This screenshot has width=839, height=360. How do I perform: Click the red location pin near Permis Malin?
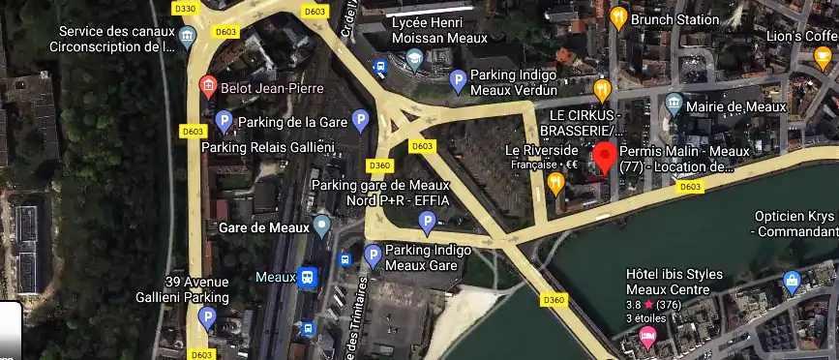(606, 156)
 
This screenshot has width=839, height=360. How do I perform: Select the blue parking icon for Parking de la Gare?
(225, 121)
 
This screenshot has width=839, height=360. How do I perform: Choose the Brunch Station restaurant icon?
(618, 17)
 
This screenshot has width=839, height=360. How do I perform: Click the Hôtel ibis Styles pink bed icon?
(647, 336)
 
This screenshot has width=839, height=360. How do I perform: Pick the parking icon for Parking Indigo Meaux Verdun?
(460, 84)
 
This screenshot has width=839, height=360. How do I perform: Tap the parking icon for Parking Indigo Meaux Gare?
(373, 256)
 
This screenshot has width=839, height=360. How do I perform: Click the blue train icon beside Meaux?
(308, 278)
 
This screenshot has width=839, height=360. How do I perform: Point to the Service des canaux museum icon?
(188, 37)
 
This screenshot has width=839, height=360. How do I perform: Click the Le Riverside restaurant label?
(542, 150)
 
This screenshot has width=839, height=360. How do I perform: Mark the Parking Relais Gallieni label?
(268, 147)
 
